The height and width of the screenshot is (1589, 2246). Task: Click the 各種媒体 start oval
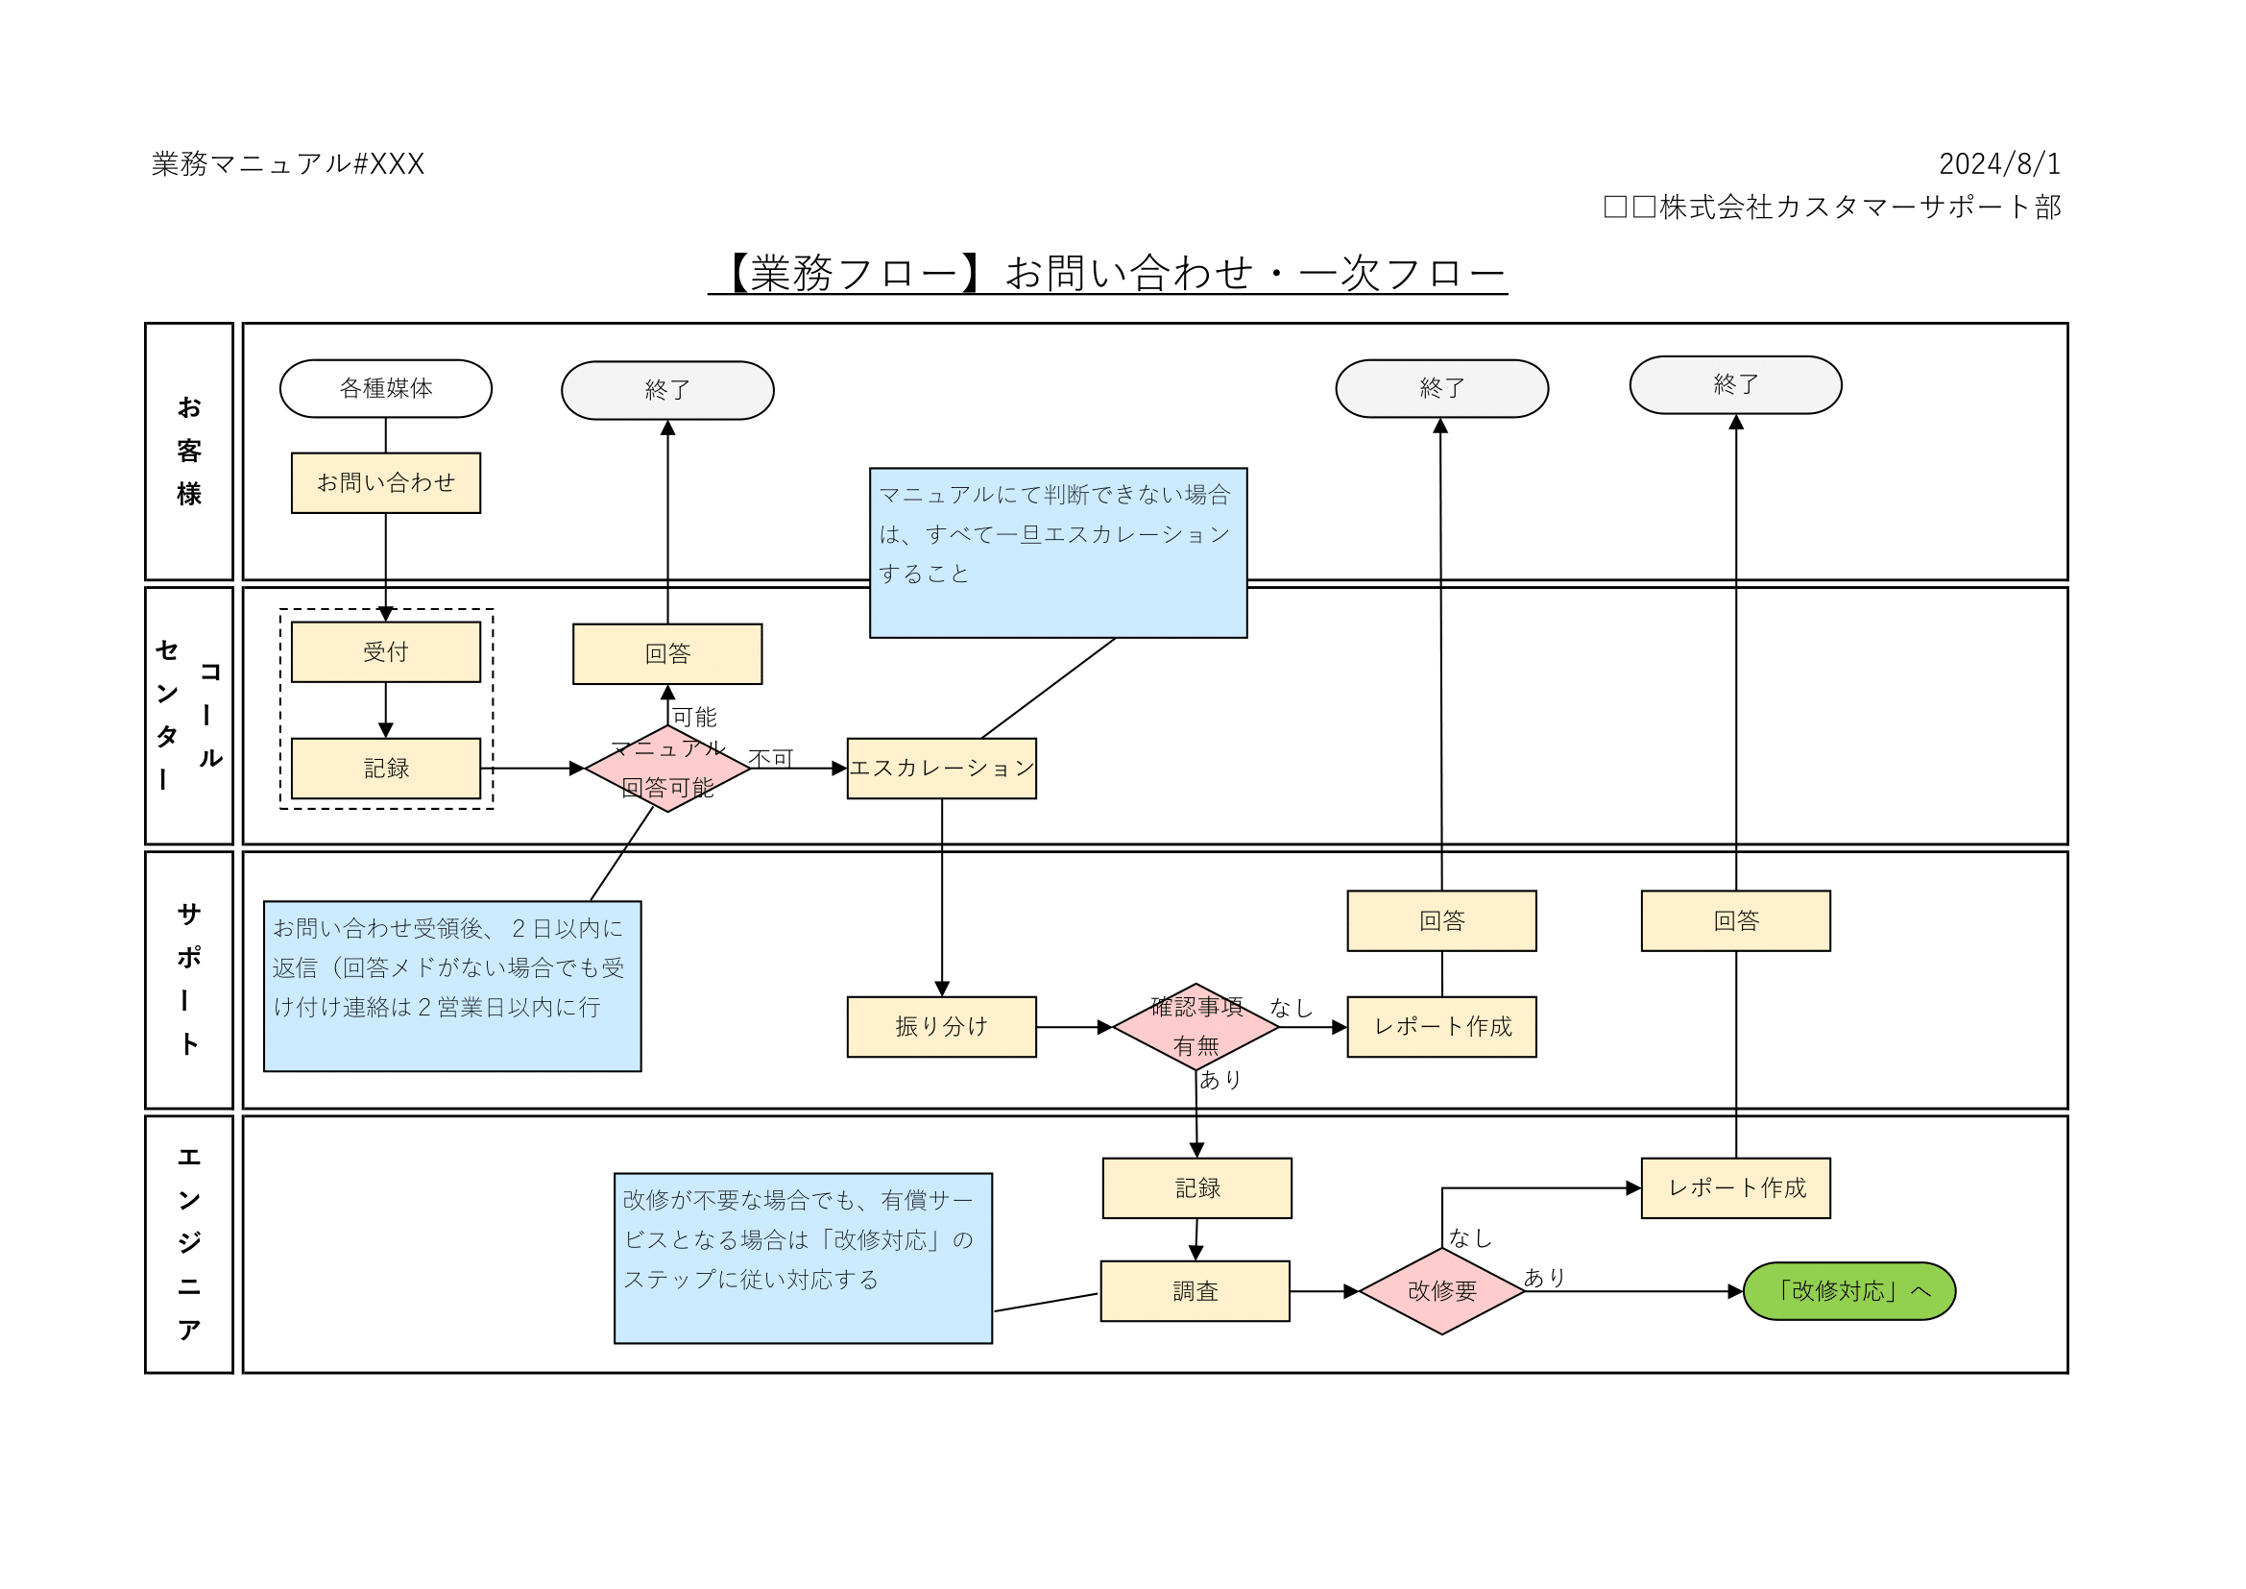pyautogui.click(x=385, y=388)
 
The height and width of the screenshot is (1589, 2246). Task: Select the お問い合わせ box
pyautogui.click(x=385, y=482)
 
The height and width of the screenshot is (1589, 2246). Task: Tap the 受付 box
pyautogui.click(x=385, y=651)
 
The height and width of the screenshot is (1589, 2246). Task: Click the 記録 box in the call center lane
pyautogui.click(x=385, y=769)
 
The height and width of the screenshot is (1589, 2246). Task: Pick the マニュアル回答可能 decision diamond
pyautogui.click(x=668, y=769)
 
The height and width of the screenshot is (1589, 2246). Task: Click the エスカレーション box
pyautogui.click(x=941, y=769)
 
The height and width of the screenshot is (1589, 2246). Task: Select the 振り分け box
pyautogui.click(x=941, y=1026)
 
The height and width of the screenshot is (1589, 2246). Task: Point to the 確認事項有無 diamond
pyautogui.click(x=1195, y=1026)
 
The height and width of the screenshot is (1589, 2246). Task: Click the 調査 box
pyautogui.click(x=1195, y=1290)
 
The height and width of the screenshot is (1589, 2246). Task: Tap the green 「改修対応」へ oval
pyautogui.click(x=1848, y=1290)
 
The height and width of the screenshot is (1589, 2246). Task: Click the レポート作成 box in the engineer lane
pyautogui.click(x=1735, y=1187)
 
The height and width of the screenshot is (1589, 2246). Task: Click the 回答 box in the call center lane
pyautogui.click(x=667, y=653)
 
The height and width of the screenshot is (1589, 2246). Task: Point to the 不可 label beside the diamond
pyautogui.click(x=771, y=758)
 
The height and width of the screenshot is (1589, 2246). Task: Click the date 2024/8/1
pyautogui.click(x=1999, y=163)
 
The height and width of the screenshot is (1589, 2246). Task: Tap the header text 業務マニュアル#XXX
pyautogui.click(x=289, y=163)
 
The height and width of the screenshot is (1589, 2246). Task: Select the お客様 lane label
pyautogui.click(x=189, y=452)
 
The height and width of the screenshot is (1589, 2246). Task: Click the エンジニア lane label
pyautogui.click(x=189, y=1243)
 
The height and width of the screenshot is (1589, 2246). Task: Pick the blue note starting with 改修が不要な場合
pyautogui.click(x=802, y=1258)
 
